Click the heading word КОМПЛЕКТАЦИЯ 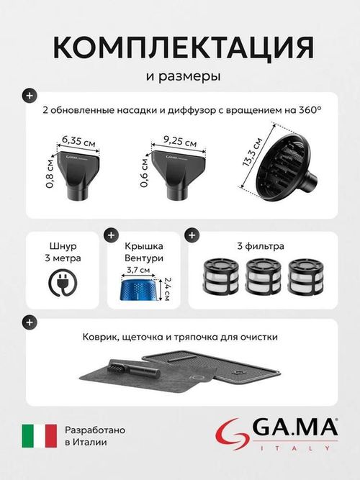[184, 47]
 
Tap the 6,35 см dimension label [78, 141]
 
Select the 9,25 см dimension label [180, 141]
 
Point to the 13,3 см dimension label [252, 152]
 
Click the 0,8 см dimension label [50, 174]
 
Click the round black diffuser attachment [283, 166]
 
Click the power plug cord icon [63, 283]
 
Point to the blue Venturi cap [140, 289]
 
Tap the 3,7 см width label [138, 270]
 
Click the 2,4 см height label [166, 289]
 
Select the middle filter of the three [264, 276]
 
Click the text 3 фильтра [261, 246]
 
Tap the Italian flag [39, 435]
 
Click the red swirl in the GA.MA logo [233, 434]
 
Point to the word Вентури [144, 258]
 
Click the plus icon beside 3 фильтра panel [192, 235]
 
